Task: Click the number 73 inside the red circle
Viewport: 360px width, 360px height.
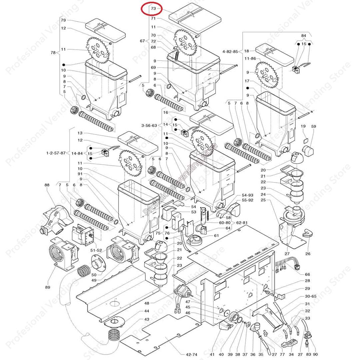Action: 153,8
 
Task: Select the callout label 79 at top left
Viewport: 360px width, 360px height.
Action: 63,20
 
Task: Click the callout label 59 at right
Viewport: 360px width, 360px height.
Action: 313,126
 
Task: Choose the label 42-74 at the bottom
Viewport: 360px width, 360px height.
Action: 187,354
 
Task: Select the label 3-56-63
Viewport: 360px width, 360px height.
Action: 149,126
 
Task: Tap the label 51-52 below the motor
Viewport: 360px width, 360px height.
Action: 96,250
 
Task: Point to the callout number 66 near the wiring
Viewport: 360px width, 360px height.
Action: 307,274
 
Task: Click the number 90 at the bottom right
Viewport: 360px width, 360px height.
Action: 315,354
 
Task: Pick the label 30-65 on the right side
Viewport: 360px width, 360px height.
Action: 310,296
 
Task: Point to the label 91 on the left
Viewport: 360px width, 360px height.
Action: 80,174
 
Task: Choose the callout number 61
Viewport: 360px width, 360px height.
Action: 216,236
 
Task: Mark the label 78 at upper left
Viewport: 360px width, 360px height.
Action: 53,52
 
